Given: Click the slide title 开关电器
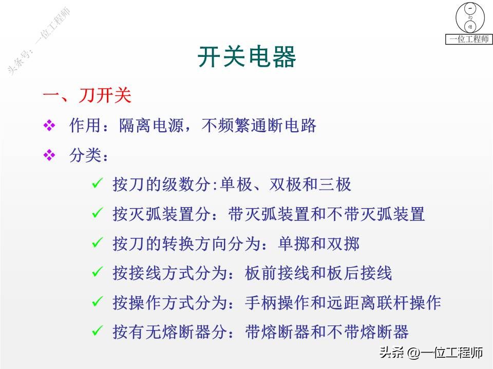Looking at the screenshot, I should coord(246,57).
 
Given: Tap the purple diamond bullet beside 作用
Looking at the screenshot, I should coord(49,126).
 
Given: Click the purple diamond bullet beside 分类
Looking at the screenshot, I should coord(49,155).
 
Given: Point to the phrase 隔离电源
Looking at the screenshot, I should coord(151,126).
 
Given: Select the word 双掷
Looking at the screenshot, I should coord(343,243).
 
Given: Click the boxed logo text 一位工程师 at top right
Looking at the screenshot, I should coord(468,39).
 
